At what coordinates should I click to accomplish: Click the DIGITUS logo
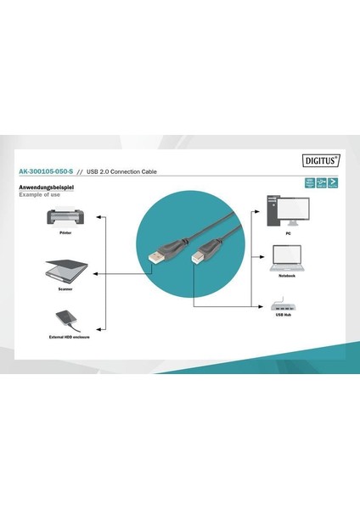coord(321,159)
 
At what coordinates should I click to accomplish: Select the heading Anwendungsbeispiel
coord(45,187)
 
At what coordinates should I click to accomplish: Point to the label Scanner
coord(65,289)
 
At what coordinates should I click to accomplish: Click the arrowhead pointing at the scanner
coord(93,274)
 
